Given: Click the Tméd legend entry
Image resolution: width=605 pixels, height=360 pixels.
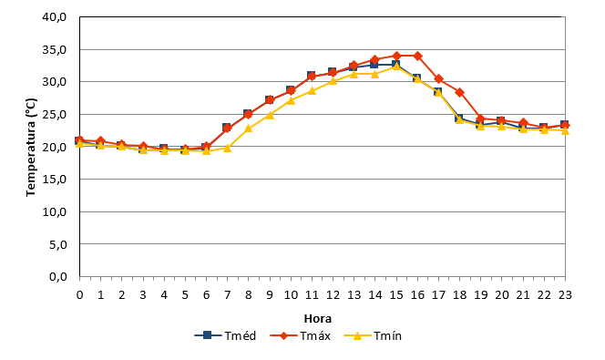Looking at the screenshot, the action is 225,335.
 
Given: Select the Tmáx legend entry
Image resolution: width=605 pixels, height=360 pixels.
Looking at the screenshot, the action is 300,335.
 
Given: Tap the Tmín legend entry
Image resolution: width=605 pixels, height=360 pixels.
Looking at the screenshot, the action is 373,335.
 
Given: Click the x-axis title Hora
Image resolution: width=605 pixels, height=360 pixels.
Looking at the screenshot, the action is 318,319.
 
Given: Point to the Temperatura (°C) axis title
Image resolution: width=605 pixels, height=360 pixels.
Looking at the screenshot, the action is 31,147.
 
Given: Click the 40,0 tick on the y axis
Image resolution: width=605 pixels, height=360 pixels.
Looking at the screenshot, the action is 55,17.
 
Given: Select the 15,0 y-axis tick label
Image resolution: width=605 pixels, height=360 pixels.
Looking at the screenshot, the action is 55,180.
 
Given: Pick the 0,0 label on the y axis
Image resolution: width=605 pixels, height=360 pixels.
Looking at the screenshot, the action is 58,277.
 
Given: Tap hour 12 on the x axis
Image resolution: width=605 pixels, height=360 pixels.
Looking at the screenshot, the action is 333,295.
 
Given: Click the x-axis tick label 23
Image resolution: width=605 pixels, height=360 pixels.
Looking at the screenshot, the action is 565,295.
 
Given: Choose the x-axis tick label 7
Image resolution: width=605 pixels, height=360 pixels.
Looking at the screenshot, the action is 227,295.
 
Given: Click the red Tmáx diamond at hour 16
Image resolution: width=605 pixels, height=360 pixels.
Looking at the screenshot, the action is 417,56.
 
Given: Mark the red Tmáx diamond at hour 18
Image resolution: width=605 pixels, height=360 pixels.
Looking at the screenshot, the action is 459,93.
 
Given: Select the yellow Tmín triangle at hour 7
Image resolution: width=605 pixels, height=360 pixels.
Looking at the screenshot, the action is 227,148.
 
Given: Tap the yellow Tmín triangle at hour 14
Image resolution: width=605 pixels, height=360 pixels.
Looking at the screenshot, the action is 375,74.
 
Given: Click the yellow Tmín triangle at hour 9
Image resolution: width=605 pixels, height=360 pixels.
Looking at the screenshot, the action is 270,115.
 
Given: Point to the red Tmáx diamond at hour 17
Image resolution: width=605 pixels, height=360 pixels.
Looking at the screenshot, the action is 438,78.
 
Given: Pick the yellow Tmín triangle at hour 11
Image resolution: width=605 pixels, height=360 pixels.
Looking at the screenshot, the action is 312,91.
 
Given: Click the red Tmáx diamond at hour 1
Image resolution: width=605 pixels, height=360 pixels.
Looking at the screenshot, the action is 101,141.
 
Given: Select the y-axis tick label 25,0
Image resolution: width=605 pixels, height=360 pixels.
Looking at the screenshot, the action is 55,115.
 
